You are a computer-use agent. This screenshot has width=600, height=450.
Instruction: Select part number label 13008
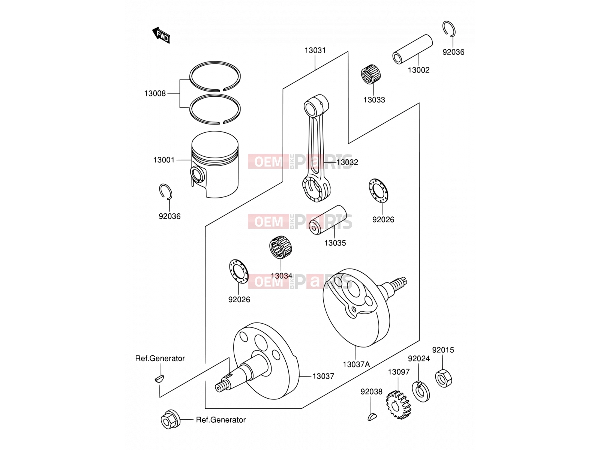tap(155, 94)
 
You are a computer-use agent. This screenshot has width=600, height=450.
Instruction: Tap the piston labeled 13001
tap(215, 164)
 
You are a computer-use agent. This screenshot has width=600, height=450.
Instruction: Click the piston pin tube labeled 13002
tap(412, 49)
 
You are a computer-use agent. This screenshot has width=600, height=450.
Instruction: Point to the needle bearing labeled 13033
tap(370, 74)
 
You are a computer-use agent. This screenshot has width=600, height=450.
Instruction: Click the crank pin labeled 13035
tap(327, 220)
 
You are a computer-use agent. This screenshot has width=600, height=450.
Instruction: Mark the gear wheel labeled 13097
tap(399, 405)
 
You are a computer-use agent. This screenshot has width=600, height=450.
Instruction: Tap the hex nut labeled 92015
tap(443, 378)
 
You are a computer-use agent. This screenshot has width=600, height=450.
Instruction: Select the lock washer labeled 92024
tap(421, 391)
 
